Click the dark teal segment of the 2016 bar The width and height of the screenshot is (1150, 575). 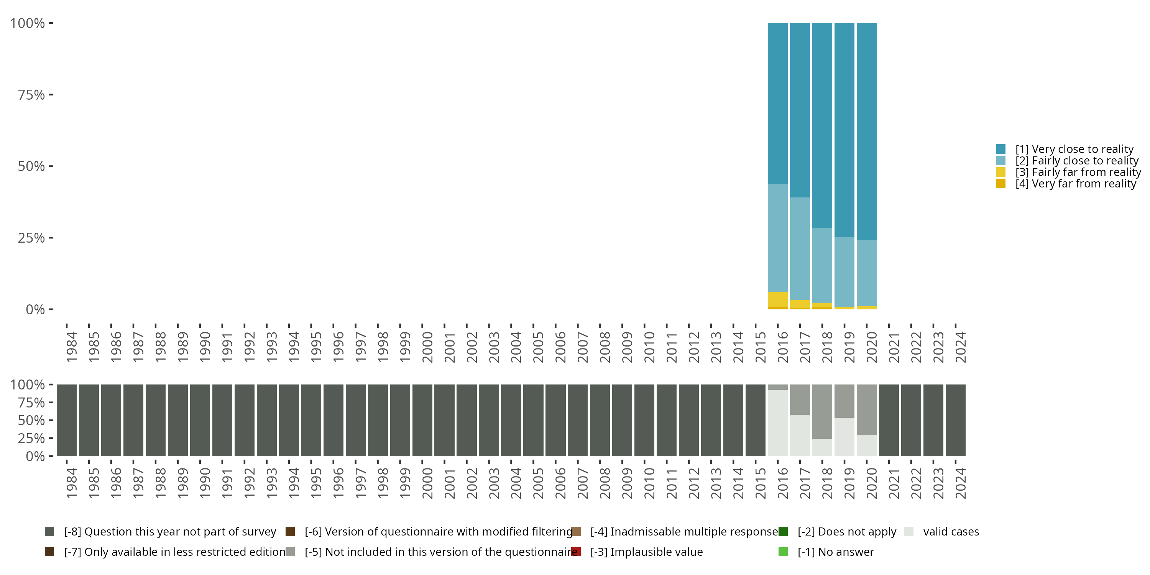coord(777,103)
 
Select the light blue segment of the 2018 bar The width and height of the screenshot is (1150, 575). coord(822,266)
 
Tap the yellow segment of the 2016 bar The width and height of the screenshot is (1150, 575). coord(777,299)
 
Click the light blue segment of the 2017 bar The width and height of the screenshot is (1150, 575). coord(800,249)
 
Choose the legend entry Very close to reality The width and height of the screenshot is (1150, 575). coord(1074,149)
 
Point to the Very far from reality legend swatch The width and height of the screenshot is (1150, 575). coord(1001,184)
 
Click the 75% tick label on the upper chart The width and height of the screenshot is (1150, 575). coord(31,95)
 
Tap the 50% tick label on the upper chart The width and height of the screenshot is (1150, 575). coord(31,166)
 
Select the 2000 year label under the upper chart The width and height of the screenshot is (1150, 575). coord(427,347)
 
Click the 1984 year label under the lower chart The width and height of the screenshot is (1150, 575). coord(71,483)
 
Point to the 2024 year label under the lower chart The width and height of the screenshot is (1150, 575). coord(960,483)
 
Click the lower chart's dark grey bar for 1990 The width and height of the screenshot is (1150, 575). coord(200,420)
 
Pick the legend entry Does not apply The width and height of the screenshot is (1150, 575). coord(846,532)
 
